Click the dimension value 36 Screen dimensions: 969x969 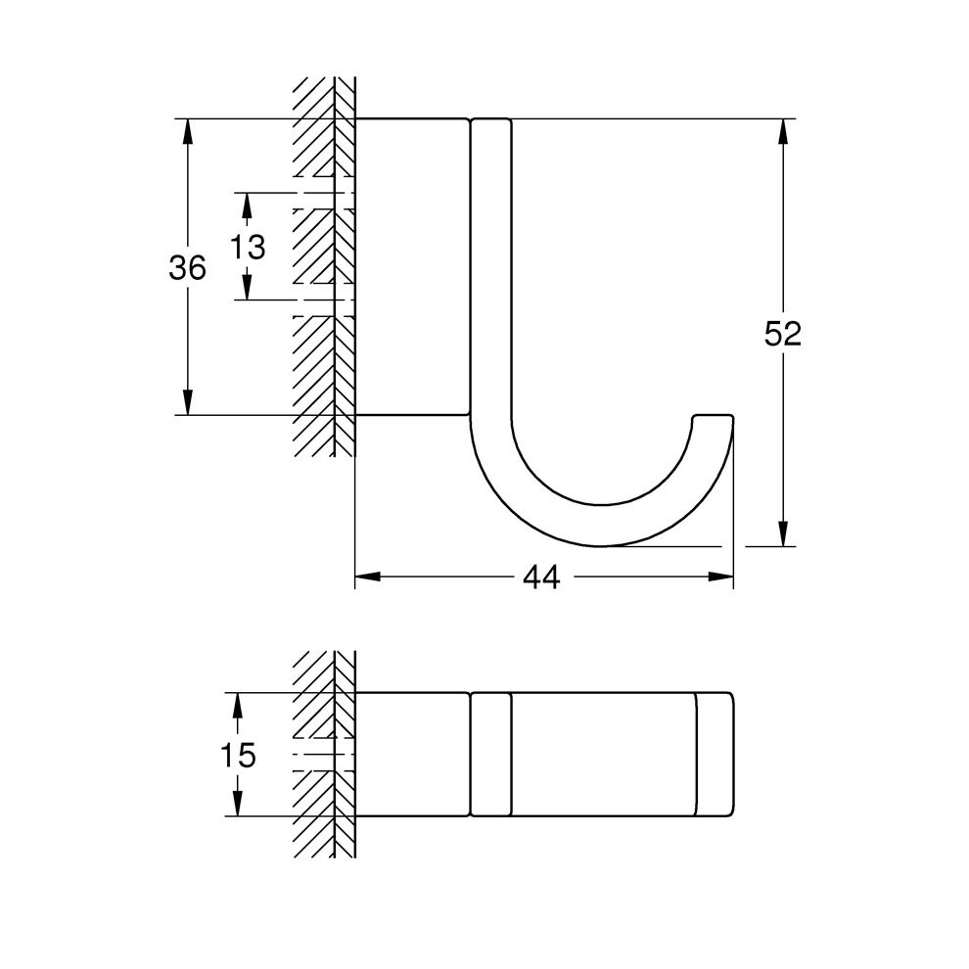pyautogui.click(x=187, y=267)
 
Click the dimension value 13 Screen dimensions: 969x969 pyautogui.click(x=248, y=247)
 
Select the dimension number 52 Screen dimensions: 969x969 pyautogui.click(x=782, y=334)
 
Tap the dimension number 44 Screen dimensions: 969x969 pyautogui.click(x=540, y=577)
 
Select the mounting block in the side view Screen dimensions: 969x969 pyautogui.click(x=411, y=267)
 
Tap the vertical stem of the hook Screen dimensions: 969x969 pyautogui.click(x=490, y=274)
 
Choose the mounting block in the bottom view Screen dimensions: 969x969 pyautogui.click(x=411, y=755)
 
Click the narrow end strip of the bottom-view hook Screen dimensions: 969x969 pyautogui.click(x=715, y=755)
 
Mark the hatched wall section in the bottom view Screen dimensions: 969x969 pyautogui.click(x=323, y=755)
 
